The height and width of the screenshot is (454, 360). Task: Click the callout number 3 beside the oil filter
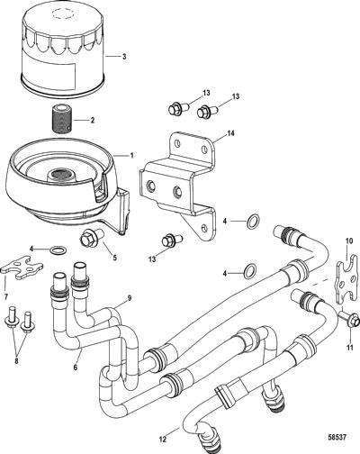124,57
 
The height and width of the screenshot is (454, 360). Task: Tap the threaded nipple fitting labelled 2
61,119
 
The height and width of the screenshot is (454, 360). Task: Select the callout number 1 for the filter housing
131,156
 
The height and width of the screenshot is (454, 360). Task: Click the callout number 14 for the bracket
230,133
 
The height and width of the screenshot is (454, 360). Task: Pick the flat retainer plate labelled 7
22,268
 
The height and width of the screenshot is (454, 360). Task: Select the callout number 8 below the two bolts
16,360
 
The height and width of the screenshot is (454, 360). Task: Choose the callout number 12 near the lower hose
162,440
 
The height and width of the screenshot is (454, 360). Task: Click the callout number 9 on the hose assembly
130,298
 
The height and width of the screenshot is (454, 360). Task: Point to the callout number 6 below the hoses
75,367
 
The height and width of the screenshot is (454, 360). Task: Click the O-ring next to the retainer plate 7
58,250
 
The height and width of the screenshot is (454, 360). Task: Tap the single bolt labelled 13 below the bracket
171,241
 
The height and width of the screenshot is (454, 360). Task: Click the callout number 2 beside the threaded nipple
93,121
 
